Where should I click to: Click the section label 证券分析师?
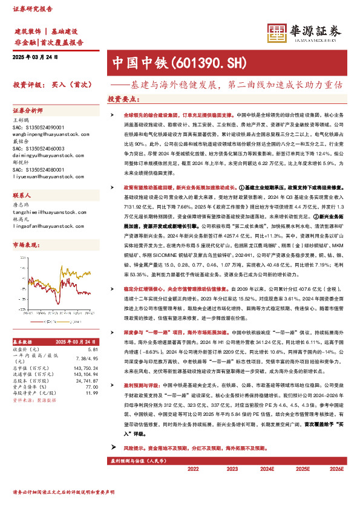28,111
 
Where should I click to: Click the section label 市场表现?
25,245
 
